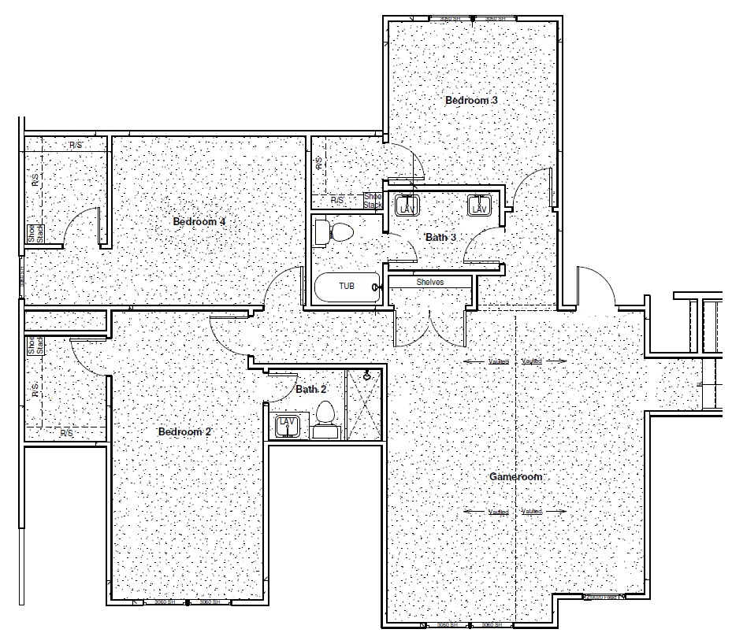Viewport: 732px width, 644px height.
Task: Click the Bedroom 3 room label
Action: (471, 101)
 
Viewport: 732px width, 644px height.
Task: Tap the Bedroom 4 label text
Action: (199, 221)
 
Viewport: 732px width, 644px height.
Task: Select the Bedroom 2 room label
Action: (185, 431)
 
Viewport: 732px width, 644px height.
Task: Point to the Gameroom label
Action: (516, 476)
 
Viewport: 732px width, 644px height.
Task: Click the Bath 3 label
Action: (440, 237)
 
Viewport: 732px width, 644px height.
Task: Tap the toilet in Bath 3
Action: (335, 231)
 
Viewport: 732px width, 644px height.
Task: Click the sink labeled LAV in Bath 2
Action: (286, 425)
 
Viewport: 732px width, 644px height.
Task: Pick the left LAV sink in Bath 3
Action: (407, 206)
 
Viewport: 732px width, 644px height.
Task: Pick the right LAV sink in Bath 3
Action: (479, 205)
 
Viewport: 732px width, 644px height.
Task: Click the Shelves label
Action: (429, 282)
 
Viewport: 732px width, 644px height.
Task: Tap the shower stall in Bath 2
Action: (366, 402)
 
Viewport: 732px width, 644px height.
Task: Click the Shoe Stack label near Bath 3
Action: (372, 201)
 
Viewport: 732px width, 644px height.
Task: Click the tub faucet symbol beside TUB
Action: (378, 288)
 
